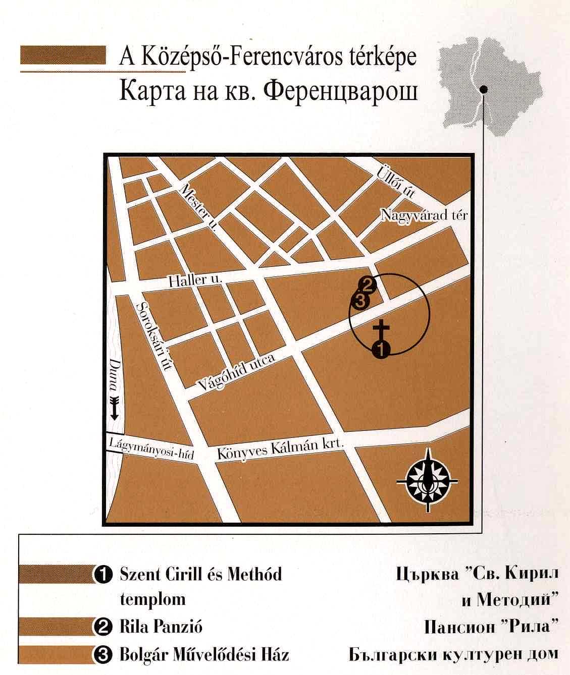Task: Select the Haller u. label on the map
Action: coord(195,280)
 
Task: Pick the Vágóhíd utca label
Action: coord(236,372)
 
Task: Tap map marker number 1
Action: coord(381,349)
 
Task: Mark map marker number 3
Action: coord(361,302)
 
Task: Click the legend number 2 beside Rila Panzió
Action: coord(103,627)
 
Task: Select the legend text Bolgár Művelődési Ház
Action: coord(204,655)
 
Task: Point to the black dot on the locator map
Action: coord(484,90)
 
